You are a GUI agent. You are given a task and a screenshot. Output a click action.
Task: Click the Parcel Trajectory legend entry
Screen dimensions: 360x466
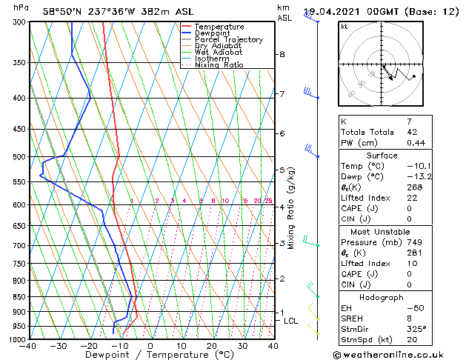[x=228, y=39]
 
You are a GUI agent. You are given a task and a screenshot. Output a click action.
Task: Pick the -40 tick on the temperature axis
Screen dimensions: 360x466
[x=29, y=346]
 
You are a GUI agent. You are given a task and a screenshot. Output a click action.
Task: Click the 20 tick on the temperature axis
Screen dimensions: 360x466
[x=212, y=346]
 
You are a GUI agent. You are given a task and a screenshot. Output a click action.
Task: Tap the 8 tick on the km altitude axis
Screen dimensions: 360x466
[x=282, y=54]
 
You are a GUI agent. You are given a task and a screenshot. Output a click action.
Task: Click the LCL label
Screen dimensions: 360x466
[x=291, y=321]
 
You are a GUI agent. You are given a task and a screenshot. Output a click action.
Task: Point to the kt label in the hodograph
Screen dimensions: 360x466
[x=344, y=26]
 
